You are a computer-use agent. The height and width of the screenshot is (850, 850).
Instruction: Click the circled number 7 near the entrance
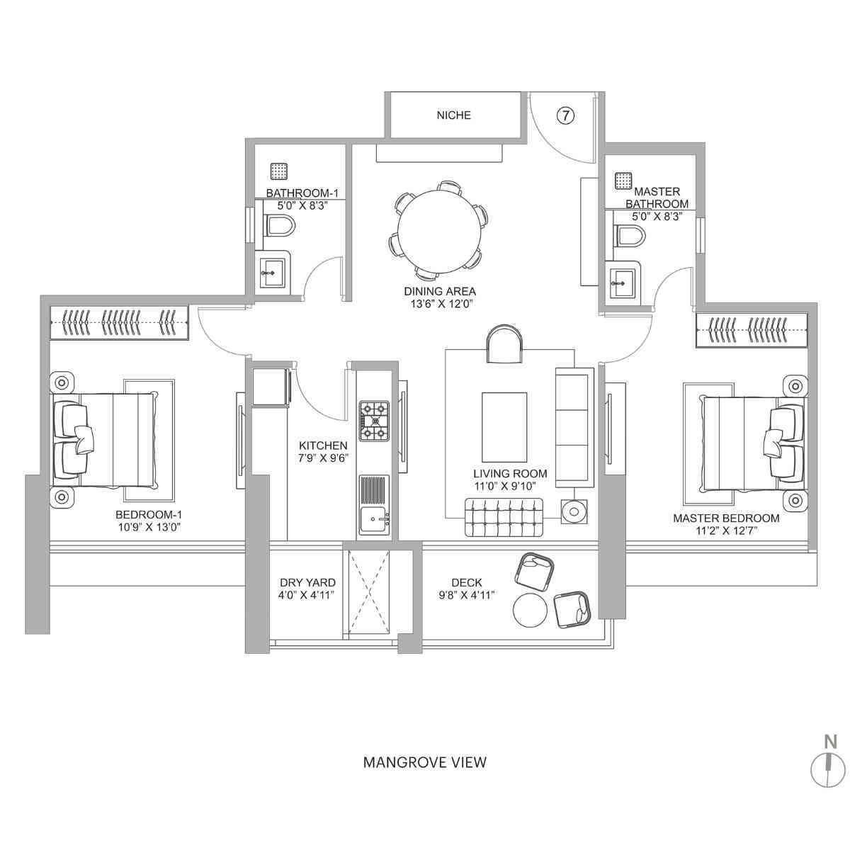tap(565, 115)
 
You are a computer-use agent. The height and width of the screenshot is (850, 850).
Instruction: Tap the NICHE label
tap(454, 115)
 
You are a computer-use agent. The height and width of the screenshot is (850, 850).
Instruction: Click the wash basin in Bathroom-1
tap(272, 271)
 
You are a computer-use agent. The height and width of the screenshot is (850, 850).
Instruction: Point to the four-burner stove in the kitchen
tap(374, 421)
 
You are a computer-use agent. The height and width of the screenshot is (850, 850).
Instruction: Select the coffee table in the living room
tap(504, 426)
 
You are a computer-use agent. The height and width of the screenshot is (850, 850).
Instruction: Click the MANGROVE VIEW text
tap(424, 762)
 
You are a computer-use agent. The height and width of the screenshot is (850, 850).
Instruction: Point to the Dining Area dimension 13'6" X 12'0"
tap(439, 304)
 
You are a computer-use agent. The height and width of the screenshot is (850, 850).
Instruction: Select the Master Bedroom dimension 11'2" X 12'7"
tap(726, 531)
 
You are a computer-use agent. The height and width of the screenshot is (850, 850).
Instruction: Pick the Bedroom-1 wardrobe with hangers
tap(119, 323)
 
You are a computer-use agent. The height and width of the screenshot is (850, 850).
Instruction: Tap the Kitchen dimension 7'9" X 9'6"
tap(323, 458)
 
